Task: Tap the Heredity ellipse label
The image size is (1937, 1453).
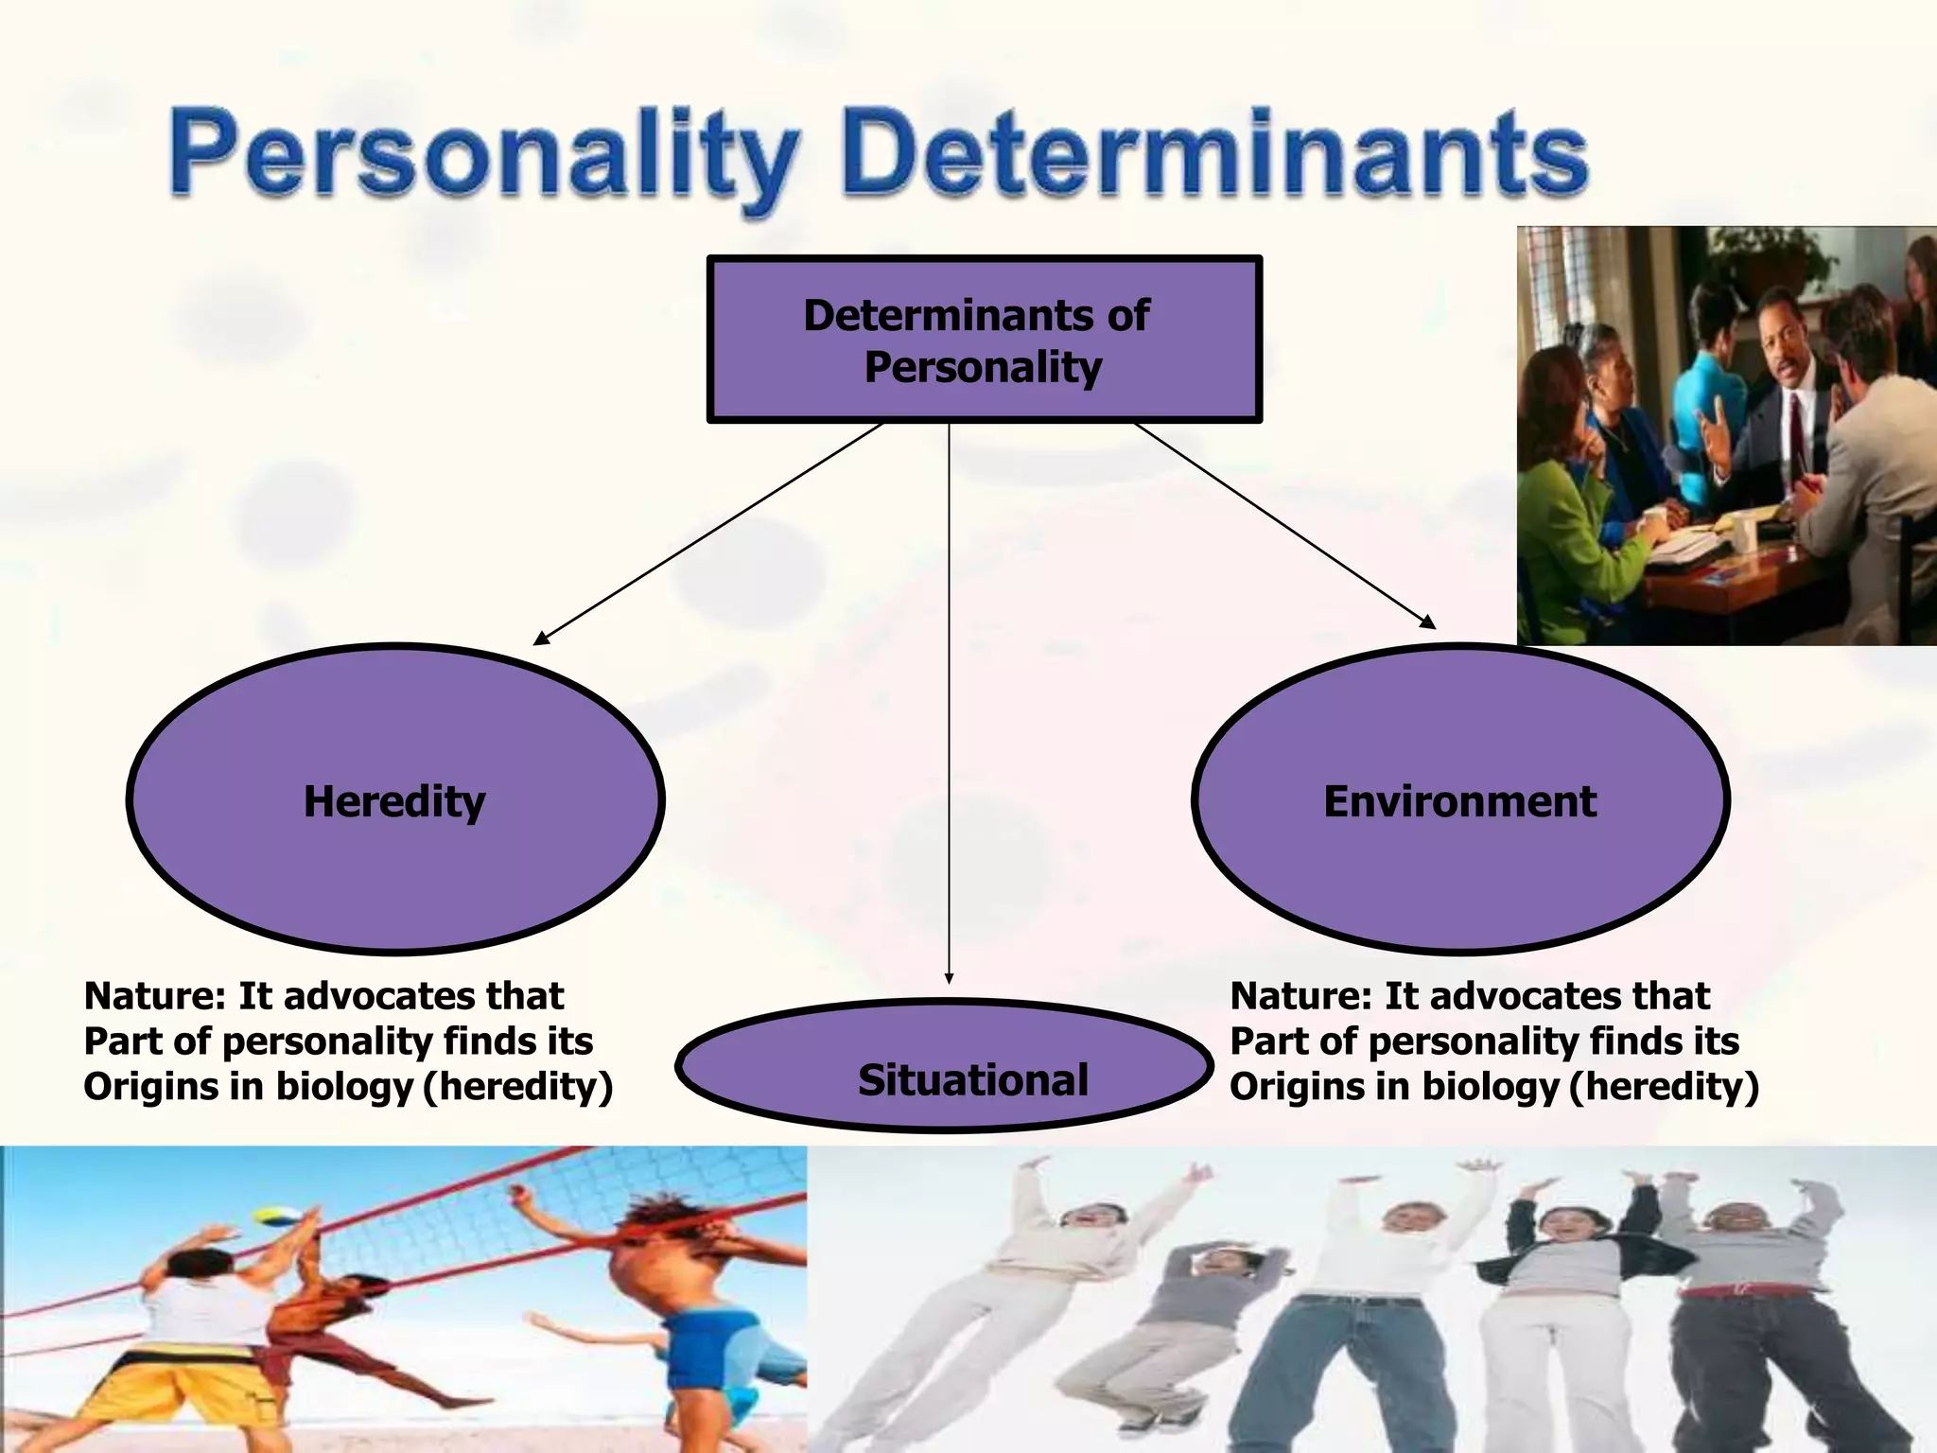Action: [x=394, y=801]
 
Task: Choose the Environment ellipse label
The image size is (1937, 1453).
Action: [x=1459, y=801]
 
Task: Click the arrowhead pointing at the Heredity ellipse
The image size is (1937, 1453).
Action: [x=541, y=639]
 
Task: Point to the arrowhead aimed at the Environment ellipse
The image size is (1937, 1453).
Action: [x=1428, y=622]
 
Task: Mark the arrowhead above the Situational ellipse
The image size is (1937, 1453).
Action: [x=949, y=979]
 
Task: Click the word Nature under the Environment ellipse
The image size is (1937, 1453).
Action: [x=1300, y=996]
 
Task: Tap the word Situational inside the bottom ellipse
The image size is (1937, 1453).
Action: [x=972, y=1080]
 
